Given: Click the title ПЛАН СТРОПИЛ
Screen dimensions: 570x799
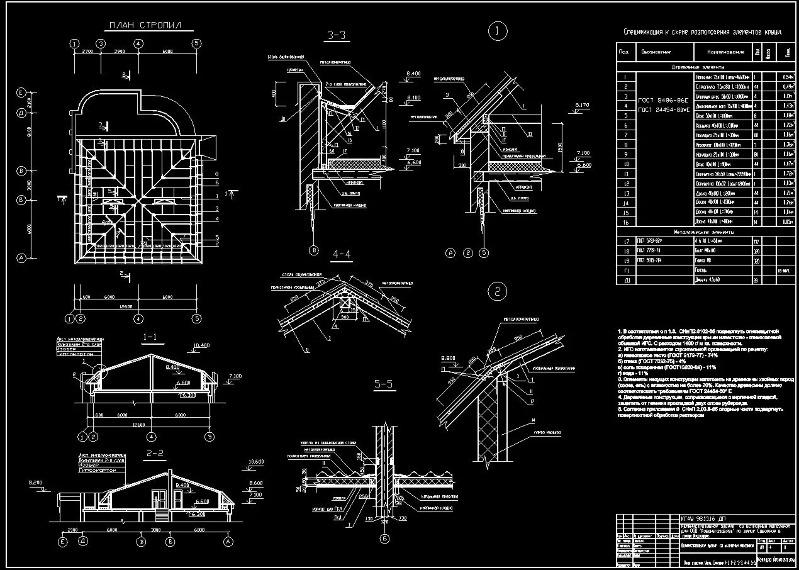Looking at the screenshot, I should coord(145,26).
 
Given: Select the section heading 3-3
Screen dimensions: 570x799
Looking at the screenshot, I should coord(337,35).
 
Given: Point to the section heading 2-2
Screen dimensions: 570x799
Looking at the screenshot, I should coord(155,453).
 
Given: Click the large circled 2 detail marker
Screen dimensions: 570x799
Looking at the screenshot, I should coord(498,291).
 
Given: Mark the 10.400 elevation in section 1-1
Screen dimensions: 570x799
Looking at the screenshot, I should coord(201,345).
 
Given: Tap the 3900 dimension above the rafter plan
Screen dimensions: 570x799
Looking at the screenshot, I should coord(119,51).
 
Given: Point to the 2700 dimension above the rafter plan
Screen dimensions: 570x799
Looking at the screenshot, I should coord(87,51).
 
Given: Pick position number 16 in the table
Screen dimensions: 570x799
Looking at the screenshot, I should coord(626,222).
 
